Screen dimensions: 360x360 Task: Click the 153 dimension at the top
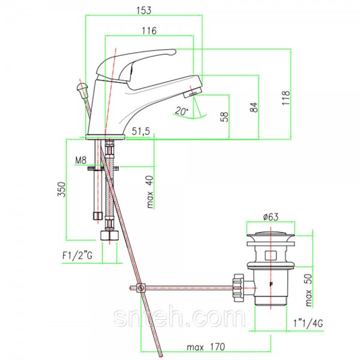coord(144,11)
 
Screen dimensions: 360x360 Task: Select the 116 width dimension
coord(149,31)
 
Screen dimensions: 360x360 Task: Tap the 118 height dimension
coord(286,98)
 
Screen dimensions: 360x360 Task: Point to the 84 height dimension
coord(254,107)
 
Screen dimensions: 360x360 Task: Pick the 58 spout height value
coord(224,116)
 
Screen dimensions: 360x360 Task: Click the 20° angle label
coord(181,111)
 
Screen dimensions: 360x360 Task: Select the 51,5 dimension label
coord(141,131)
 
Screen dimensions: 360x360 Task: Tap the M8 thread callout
coord(81,160)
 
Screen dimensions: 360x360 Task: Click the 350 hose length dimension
coord(62,190)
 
